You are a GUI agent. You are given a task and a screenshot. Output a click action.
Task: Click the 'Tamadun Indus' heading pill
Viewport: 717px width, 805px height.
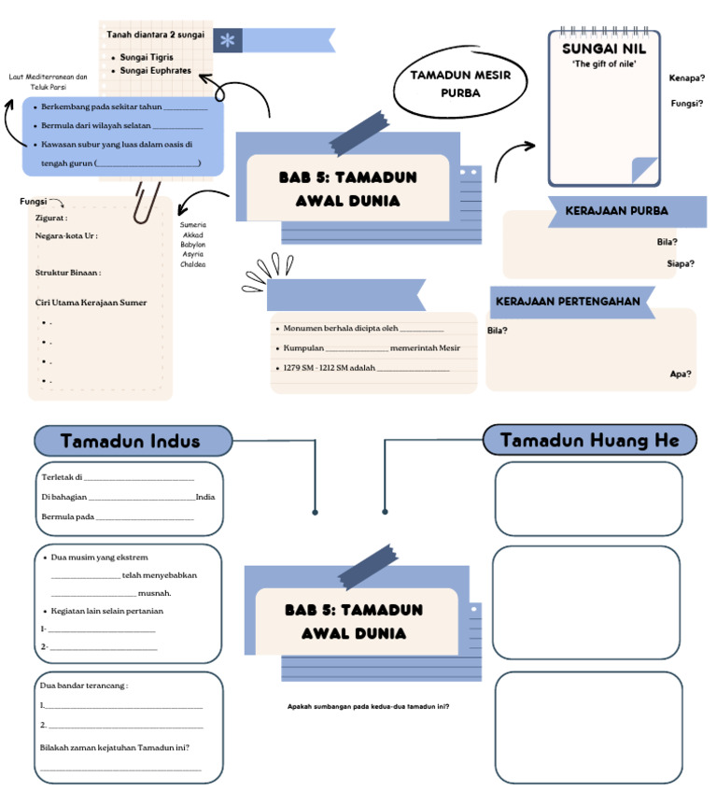(x=134, y=441)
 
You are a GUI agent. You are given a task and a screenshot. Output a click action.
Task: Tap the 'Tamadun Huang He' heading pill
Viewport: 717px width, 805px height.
(x=589, y=440)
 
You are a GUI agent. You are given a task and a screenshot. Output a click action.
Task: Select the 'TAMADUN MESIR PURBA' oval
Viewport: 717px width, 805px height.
(x=460, y=84)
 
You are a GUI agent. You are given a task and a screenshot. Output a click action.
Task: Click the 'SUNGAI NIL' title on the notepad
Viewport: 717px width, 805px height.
(x=604, y=49)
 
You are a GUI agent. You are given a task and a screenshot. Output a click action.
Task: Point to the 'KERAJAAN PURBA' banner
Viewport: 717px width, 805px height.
(x=616, y=211)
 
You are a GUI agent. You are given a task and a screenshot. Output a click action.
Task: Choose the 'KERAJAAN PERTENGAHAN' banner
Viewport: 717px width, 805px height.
(x=568, y=302)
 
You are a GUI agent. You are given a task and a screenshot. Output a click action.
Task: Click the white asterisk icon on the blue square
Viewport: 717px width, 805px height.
(x=227, y=40)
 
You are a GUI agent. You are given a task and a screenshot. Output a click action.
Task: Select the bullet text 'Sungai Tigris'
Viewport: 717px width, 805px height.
(x=147, y=57)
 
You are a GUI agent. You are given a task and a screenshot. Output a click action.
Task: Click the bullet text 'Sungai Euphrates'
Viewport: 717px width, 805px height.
(x=155, y=70)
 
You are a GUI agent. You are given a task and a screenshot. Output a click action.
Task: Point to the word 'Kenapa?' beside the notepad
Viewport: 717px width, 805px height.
(x=686, y=78)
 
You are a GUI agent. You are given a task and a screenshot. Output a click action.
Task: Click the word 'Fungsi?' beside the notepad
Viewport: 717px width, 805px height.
(x=686, y=104)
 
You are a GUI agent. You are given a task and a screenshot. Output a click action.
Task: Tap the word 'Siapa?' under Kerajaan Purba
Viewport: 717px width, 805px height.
(x=680, y=263)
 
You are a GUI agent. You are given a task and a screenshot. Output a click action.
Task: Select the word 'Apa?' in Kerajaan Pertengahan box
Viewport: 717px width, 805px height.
(x=681, y=374)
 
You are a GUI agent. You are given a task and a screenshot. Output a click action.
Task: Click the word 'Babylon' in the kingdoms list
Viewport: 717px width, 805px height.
(x=193, y=245)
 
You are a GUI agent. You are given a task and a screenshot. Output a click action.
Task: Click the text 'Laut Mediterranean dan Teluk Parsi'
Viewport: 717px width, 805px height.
(x=48, y=81)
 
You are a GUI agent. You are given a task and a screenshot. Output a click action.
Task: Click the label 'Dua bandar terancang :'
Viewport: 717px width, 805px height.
(x=84, y=685)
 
